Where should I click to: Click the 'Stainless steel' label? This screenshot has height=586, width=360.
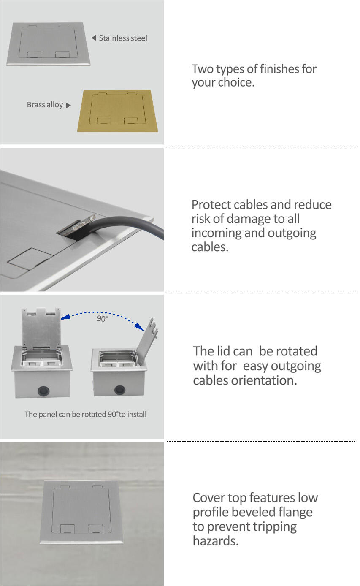click(123, 38)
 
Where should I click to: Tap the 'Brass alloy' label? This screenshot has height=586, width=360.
click(45, 105)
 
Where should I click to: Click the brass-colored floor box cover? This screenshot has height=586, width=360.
click(118, 111)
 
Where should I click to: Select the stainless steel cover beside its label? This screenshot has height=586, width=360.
click(49, 43)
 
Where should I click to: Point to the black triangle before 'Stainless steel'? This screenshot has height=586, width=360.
click(94, 38)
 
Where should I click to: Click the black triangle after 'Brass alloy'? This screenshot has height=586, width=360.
click(68, 106)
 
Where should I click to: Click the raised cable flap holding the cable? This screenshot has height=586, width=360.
click(76, 225)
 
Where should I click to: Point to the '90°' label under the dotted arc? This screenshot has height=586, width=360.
click(103, 319)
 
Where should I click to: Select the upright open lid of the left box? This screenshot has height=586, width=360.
click(41, 328)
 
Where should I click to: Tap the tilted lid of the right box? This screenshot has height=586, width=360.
click(147, 342)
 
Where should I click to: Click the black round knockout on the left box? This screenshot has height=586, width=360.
click(43, 391)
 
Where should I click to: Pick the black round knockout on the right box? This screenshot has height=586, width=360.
click(119, 390)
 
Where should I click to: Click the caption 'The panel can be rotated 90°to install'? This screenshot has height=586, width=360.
click(86, 415)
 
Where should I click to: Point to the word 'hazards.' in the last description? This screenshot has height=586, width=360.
click(216, 541)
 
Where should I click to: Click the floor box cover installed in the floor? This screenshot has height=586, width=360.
click(81, 512)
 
